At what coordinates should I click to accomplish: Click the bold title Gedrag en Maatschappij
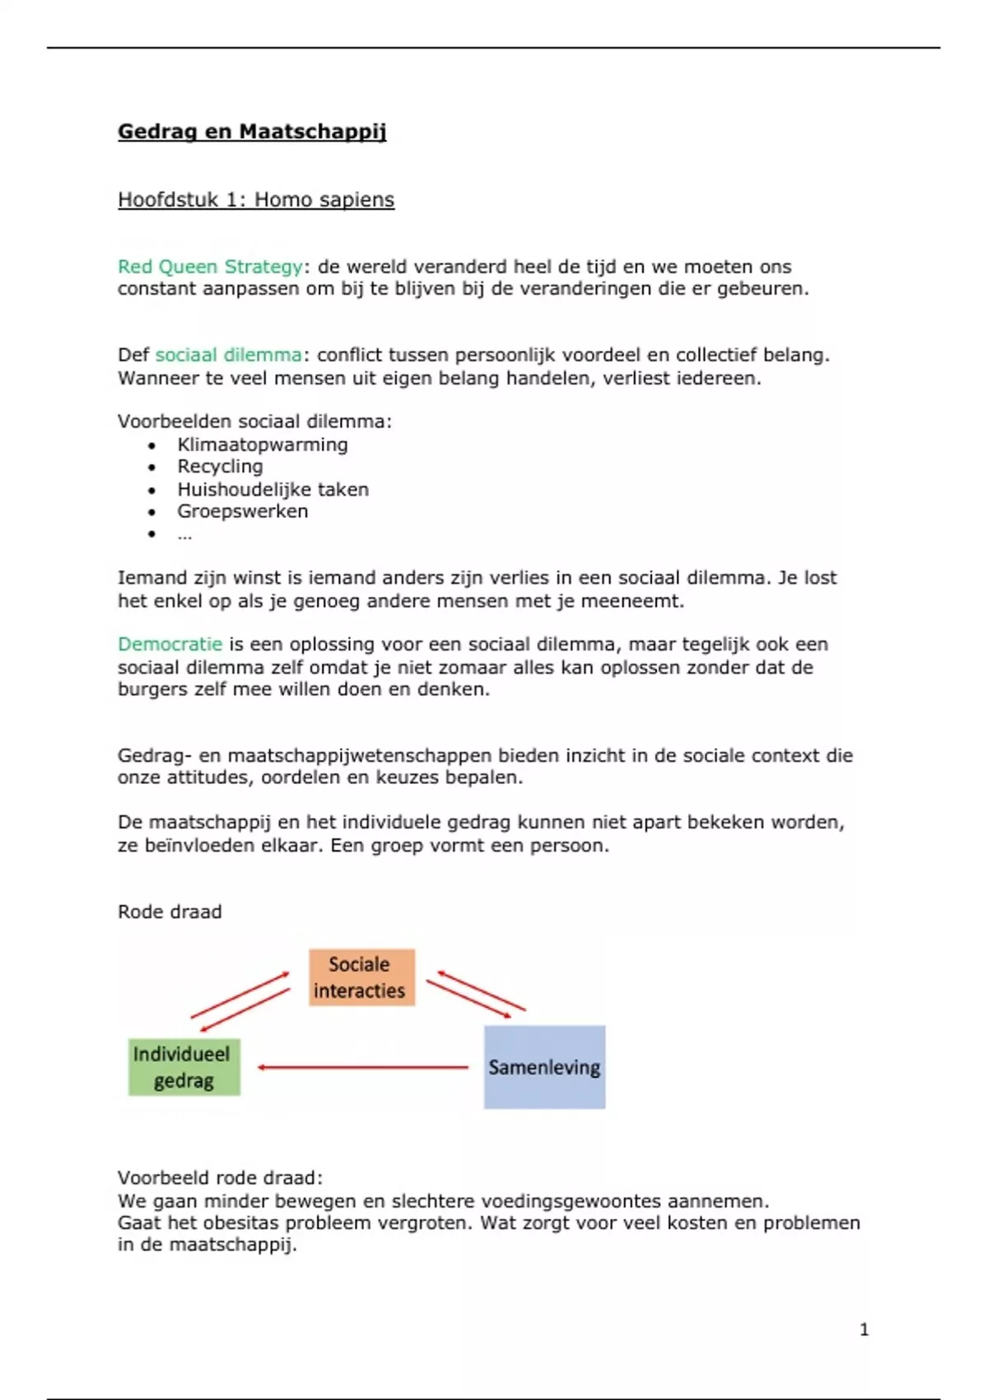(252, 132)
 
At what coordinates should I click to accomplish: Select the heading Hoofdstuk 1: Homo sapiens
(256, 200)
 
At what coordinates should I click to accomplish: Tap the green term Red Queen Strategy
(210, 267)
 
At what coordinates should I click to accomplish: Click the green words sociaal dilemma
(228, 355)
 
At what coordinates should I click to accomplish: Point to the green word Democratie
(170, 644)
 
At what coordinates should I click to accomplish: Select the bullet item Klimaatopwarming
(263, 445)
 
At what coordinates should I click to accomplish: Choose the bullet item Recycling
(220, 467)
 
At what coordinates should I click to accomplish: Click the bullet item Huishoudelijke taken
(273, 489)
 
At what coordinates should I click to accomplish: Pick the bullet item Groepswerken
(243, 511)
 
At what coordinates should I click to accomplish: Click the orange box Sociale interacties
(361, 978)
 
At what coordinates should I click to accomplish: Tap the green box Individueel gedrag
(184, 1067)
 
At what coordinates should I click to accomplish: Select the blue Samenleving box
(544, 1067)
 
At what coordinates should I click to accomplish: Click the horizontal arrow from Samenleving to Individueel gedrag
(362, 1067)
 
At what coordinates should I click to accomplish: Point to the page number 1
(864, 1329)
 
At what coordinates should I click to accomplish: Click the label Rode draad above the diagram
(170, 912)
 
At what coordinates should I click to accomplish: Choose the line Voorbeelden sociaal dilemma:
(254, 422)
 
